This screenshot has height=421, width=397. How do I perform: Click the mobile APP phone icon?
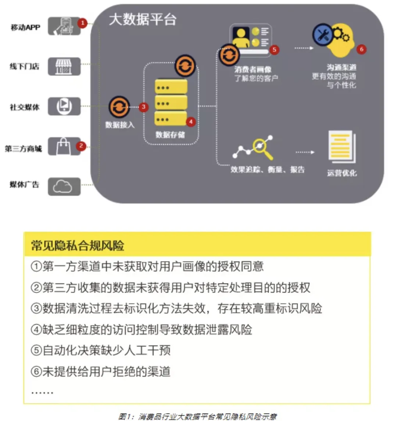click(64, 26)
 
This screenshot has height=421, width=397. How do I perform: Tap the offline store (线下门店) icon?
click(64, 67)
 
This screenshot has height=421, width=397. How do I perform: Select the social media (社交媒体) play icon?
click(64, 106)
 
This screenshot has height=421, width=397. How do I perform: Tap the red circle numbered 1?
click(82, 23)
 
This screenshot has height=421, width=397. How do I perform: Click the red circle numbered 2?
click(81, 146)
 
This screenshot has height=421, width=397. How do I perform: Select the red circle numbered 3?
click(143, 107)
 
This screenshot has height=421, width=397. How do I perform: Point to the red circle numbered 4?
click(190, 121)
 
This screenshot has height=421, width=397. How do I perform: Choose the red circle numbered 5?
click(274, 50)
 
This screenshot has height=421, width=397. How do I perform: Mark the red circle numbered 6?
click(361, 49)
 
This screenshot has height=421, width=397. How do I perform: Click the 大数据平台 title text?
click(142, 20)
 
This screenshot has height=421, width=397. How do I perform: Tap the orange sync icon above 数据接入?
click(119, 107)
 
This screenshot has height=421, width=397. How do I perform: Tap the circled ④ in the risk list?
click(36, 329)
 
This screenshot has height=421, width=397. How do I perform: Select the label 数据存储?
click(170, 135)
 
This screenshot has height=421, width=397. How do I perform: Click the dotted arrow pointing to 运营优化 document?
click(305, 152)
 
